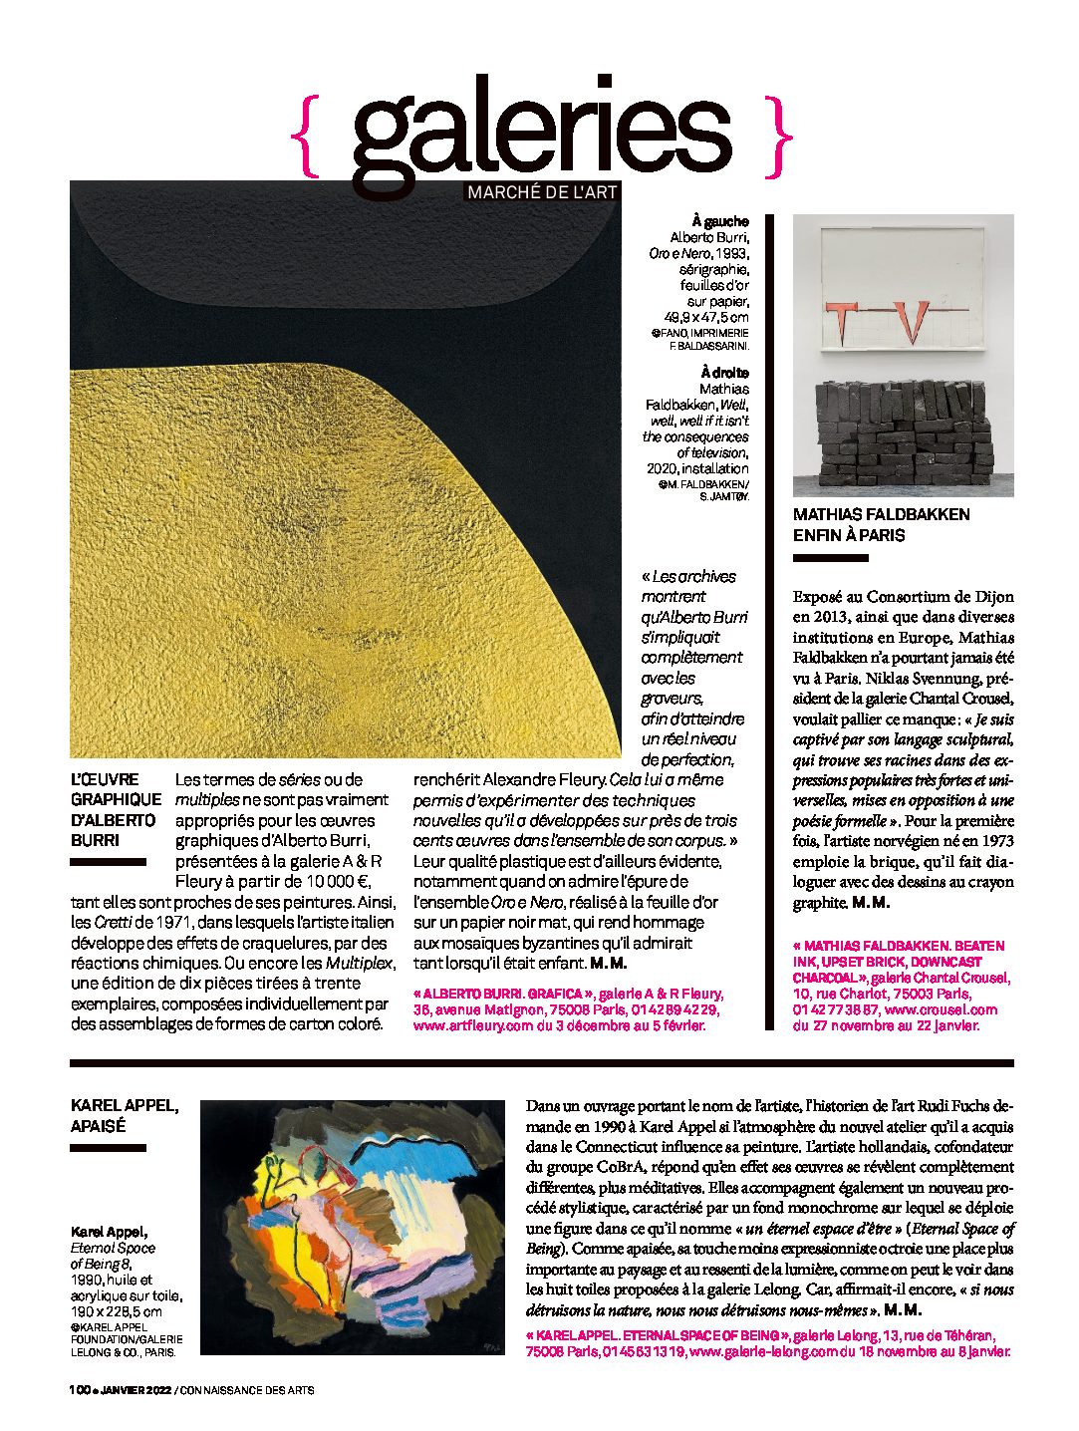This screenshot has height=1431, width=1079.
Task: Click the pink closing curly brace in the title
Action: tap(780, 138)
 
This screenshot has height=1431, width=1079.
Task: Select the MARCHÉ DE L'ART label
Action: tap(541, 192)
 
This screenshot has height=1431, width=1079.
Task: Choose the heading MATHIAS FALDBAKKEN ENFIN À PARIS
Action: tap(881, 524)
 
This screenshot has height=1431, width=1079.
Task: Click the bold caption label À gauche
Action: tap(720, 221)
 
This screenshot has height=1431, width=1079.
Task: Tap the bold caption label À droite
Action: tap(724, 373)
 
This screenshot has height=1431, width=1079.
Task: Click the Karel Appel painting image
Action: tap(353, 1227)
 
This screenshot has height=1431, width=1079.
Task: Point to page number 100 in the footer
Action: tap(80, 1390)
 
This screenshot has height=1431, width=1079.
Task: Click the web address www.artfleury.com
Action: tap(473, 1025)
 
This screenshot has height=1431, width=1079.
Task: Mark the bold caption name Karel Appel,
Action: tap(110, 1232)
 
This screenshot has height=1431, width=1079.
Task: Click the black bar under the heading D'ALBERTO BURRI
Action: tap(109, 862)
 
